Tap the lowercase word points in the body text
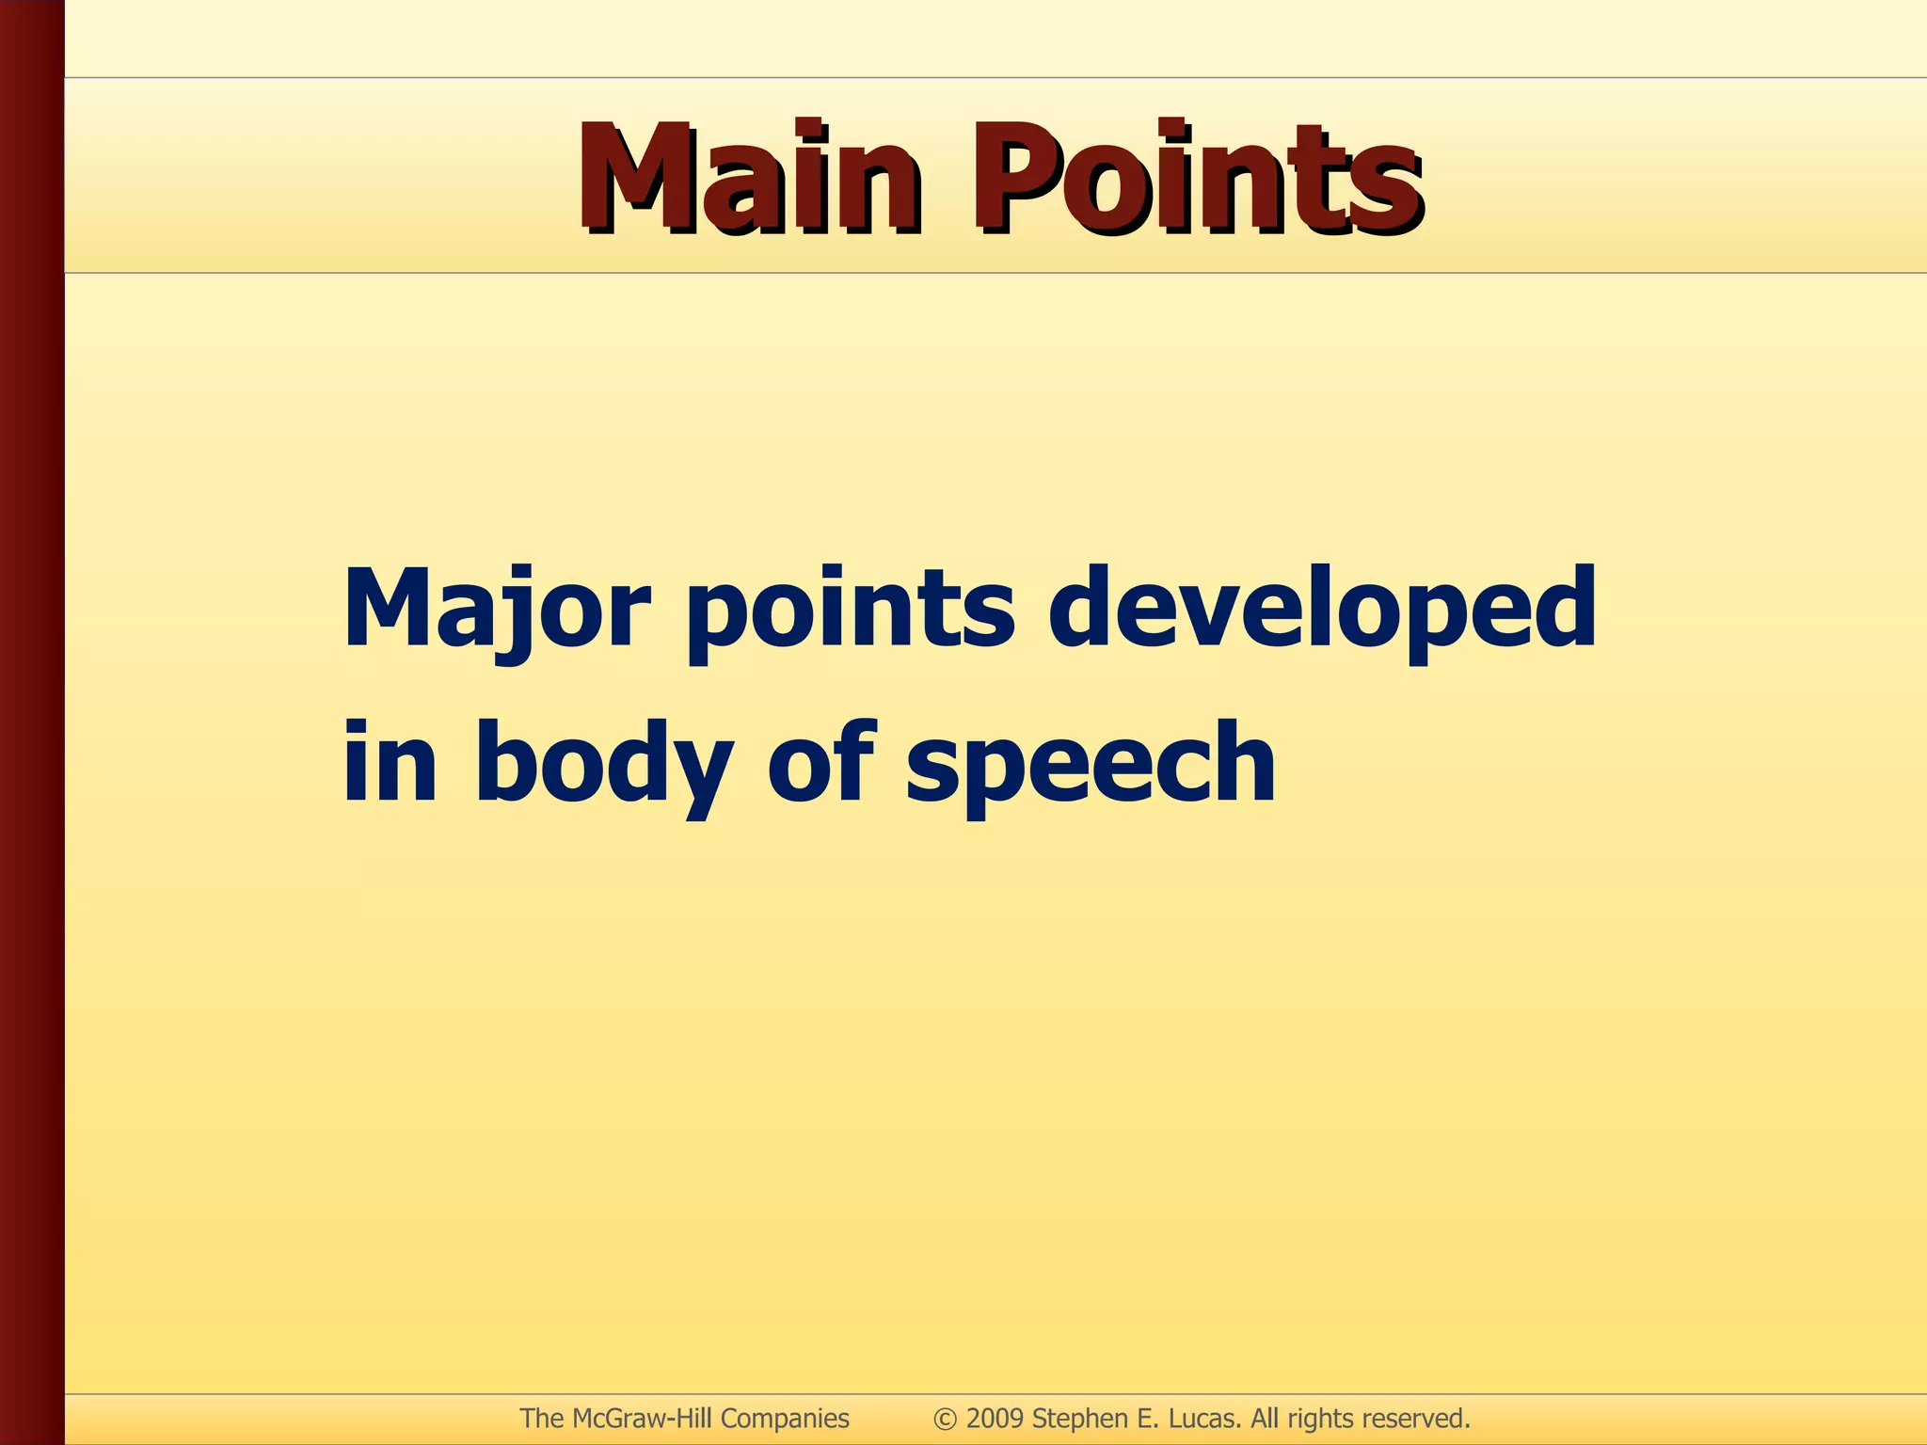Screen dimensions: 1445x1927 click(851, 611)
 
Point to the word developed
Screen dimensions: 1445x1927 click(1322, 610)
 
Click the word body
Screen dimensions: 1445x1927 click(603, 764)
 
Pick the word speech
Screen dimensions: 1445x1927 click(1091, 764)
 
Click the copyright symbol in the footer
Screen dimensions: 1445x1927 click(945, 1419)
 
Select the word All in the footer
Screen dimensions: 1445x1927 click(1265, 1419)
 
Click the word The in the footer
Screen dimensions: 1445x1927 click(542, 1419)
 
